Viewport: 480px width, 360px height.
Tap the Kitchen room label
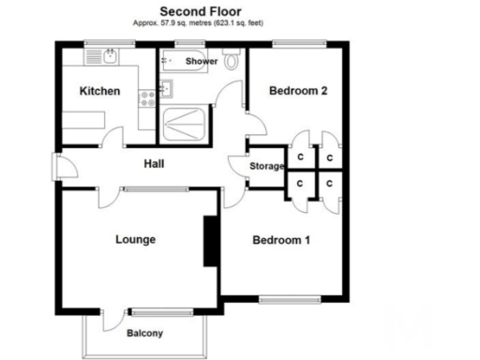(99, 91)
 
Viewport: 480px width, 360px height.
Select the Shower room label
(202, 61)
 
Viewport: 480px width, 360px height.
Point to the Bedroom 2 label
(297, 91)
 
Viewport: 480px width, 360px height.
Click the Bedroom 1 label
(281, 240)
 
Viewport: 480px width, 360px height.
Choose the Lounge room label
(135, 240)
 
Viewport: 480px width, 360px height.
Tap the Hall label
(155, 165)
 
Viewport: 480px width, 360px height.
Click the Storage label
(266, 167)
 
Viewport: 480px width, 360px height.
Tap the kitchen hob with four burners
(147, 96)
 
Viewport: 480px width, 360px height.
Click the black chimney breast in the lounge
(209, 242)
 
